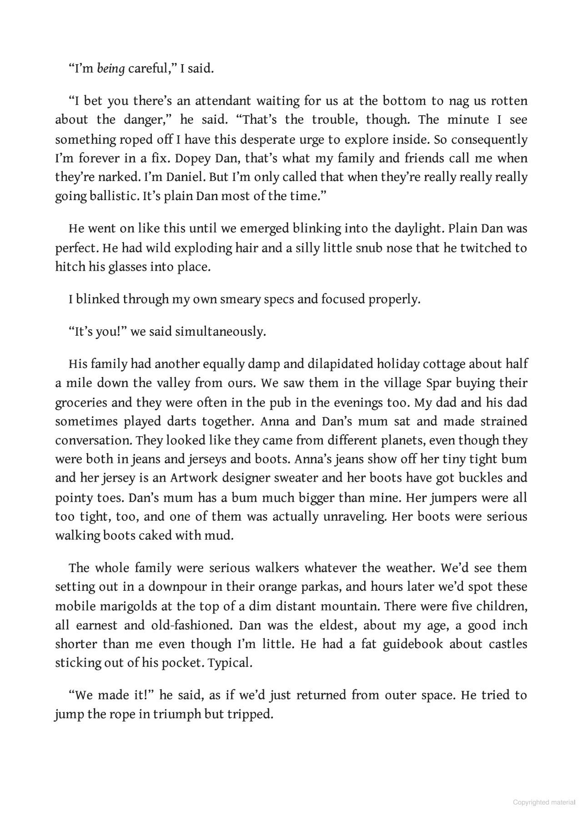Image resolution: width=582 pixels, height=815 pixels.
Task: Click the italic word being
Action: click(x=110, y=69)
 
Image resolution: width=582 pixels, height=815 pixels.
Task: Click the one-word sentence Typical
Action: click(x=230, y=663)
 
